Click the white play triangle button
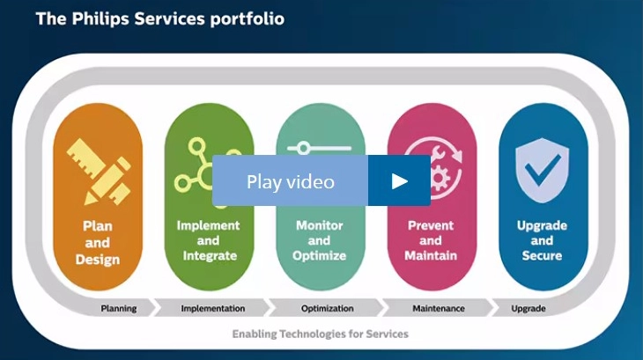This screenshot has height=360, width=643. [x=399, y=181]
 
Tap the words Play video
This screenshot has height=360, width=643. [x=291, y=181]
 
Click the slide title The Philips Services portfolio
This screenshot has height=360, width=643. [x=160, y=18]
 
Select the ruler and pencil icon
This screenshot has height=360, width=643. [x=99, y=171]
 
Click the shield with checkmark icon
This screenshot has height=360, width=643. [x=542, y=170]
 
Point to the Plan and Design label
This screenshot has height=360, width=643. [x=98, y=242]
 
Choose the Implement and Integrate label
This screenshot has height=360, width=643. [x=209, y=240]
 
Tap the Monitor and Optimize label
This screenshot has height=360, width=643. [x=320, y=240]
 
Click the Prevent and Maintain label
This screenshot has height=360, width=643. [x=431, y=240]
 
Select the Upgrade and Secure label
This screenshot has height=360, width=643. [x=542, y=240]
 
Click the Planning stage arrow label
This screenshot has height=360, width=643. [x=119, y=308]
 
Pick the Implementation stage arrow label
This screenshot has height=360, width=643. [x=213, y=308]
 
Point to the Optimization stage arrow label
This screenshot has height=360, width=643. [x=328, y=308]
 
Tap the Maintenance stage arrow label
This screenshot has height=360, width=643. [x=439, y=308]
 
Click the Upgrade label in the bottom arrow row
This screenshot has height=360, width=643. [x=528, y=308]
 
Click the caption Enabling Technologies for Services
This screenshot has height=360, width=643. [x=321, y=334]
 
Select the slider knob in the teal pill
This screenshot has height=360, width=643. [x=304, y=148]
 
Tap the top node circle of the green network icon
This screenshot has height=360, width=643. [x=196, y=146]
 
